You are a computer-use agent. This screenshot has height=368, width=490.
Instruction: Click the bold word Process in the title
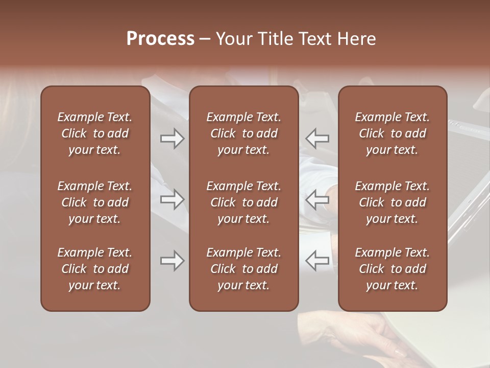(x=160, y=39)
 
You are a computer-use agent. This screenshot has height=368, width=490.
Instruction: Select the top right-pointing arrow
(x=173, y=138)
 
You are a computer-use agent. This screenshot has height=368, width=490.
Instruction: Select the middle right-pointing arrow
(x=173, y=199)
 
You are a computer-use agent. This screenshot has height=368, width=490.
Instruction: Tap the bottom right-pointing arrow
(x=173, y=261)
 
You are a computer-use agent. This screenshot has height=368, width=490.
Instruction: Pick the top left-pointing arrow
(x=317, y=138)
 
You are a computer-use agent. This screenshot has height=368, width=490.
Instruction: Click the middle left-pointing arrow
(x=317, y=199)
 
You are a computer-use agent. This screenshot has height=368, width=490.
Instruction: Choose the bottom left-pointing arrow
(x=317, y=261)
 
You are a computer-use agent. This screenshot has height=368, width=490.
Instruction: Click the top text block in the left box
(x=95, y=133)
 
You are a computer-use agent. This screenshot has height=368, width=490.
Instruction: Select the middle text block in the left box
(x=95, y=202)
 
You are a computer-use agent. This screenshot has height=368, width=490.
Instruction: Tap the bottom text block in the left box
(x=95, y=269)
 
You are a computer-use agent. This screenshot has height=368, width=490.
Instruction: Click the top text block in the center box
(x=244, y=133)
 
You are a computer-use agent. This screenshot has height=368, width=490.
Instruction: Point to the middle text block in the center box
(x=244, y=202)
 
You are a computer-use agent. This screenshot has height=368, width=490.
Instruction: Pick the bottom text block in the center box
(x=244, y=269)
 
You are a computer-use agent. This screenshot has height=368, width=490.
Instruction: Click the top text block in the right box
(x=393, y=133)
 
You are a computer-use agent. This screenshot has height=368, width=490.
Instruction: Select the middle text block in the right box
(x=393, y=202)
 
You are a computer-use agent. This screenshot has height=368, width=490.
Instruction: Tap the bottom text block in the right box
(x=393, y=269)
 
